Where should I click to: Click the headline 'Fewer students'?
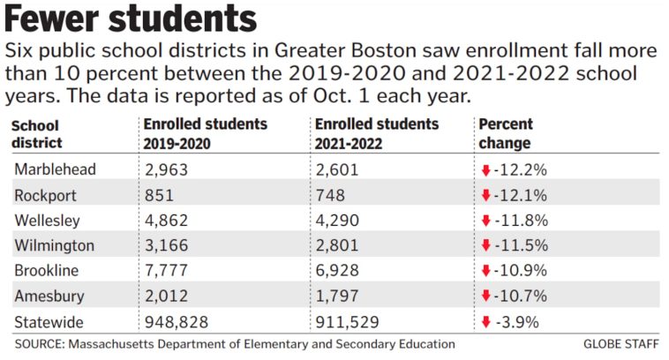[132, 19]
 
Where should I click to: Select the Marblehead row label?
[56, 169]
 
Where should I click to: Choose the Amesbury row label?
[51, 295]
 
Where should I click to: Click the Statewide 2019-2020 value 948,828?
[176, 320]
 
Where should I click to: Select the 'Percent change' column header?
[505, 133]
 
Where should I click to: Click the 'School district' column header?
[37, 134]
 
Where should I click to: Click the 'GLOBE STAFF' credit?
[621, 344]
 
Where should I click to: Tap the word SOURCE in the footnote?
[41, 344]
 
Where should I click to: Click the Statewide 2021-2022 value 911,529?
[349, 320]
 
